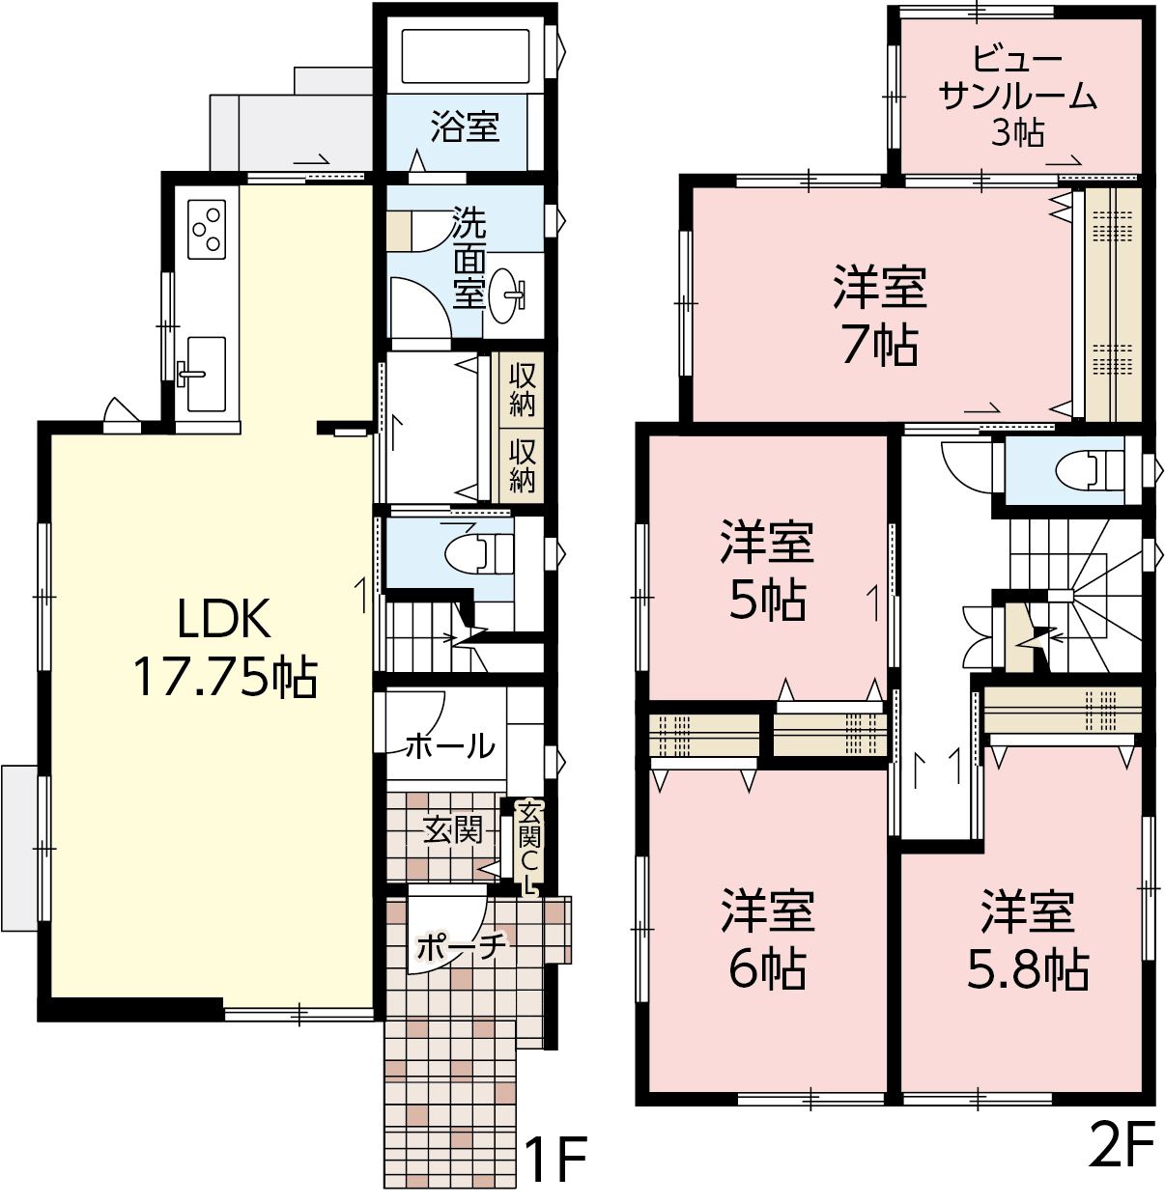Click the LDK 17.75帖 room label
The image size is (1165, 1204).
(225, 651)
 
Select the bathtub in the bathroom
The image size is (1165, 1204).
(466, 56)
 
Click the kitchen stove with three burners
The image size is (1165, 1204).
(206, 230)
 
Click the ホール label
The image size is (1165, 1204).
(451, 746)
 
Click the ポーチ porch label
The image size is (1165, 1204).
(461, 946)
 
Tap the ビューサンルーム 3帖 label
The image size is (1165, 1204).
(1016, 96)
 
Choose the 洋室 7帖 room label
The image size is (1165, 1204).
(879, 316)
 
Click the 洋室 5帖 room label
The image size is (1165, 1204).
(766, 571)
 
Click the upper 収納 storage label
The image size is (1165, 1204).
(522, 390)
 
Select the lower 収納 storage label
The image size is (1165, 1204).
(522, 465)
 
